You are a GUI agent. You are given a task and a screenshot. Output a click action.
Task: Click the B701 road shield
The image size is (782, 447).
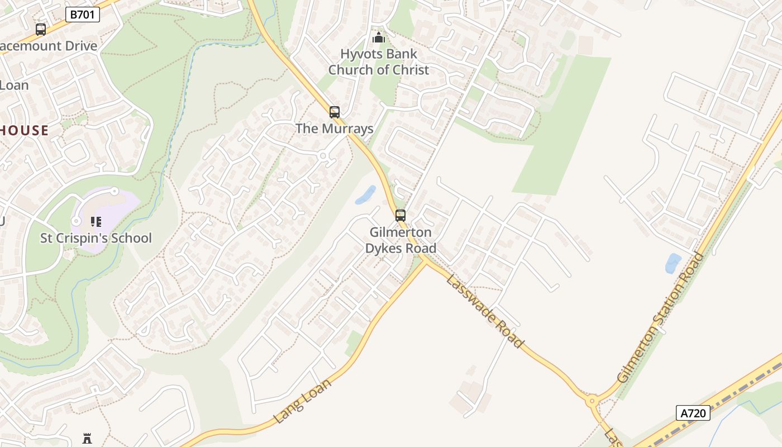click(83, 15)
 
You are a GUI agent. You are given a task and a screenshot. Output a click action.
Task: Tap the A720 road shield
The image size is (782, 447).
click(693, 413)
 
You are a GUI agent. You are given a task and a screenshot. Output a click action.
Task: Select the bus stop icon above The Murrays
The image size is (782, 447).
click(335, 112)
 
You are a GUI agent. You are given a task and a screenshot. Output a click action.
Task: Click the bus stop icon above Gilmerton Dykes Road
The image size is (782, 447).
click(400, 216)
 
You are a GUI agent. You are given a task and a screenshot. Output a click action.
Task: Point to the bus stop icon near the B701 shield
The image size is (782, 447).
click(41, 30)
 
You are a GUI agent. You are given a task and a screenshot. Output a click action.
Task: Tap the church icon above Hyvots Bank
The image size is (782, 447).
click(379, 38)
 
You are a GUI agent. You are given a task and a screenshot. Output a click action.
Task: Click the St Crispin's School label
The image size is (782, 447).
click(96, 238)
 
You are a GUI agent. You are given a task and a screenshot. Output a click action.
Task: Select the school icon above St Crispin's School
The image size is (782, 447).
click(96, 222)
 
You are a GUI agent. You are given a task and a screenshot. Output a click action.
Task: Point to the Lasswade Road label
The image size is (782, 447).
click(485, 311)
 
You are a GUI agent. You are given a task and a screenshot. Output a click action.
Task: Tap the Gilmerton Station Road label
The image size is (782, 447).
click(660, 317)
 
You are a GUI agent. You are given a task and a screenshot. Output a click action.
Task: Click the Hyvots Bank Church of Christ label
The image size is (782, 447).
click(379, 62)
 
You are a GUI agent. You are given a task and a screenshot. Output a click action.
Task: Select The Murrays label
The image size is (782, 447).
click(334, 129)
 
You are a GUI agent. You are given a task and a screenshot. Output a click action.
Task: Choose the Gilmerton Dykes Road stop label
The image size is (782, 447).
click(400, 240)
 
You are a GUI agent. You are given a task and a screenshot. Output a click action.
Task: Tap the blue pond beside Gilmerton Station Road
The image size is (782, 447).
click(673, 263)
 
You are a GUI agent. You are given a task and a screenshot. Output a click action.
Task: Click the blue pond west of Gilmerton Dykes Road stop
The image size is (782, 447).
click(365, 194)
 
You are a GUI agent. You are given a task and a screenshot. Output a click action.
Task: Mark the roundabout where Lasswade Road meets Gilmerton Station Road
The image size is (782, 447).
click(592, 400)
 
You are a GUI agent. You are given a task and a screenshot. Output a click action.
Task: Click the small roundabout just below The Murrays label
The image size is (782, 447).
click(323, 156)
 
